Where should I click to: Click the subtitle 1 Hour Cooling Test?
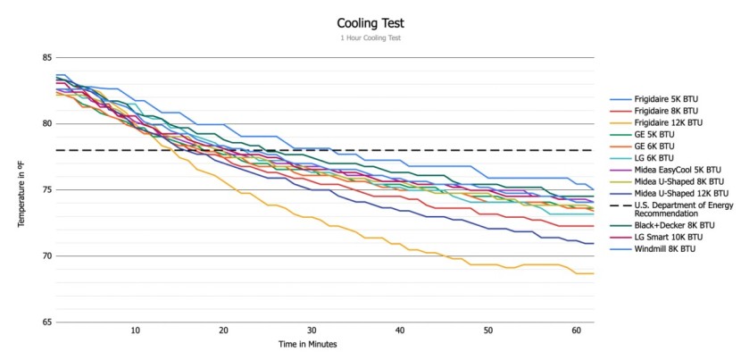point(370,39)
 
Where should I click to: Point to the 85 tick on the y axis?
point(45,58)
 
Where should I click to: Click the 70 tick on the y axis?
point(45,256)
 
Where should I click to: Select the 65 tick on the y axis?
point(45,322)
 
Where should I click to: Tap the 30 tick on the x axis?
point(311,331)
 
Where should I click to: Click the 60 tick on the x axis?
point(576,331)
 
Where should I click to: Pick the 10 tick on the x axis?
point(135,331)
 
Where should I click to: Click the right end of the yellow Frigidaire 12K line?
point(593,273)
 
